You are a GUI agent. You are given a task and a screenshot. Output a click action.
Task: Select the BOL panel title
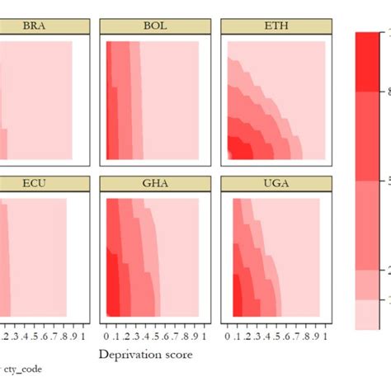154,26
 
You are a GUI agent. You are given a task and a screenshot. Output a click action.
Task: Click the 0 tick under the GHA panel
107,337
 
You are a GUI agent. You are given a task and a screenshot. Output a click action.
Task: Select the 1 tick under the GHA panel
205,337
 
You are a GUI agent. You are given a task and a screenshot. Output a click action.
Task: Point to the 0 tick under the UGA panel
228,337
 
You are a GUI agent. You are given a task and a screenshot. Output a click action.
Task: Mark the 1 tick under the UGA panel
327,337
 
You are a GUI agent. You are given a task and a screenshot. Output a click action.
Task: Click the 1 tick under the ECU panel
84,337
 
